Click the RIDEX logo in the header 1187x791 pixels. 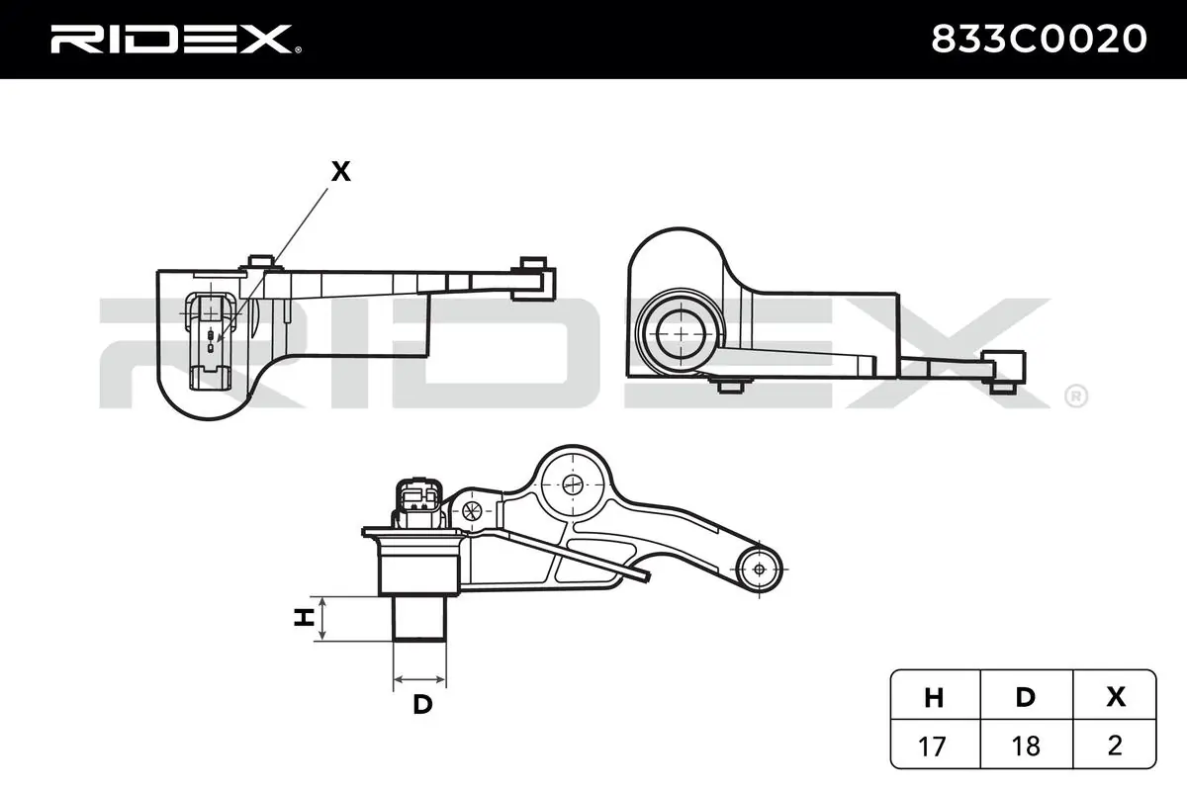(175, 40)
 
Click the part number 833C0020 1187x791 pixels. (1039, 40)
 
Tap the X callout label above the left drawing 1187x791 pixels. (340, 171)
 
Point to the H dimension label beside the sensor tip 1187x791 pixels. (305, 617)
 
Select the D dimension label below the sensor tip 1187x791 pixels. (422, 704)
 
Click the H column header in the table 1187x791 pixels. (934, 698)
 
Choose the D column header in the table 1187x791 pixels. (1026, 698)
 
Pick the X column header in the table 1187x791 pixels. (1116, 697)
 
